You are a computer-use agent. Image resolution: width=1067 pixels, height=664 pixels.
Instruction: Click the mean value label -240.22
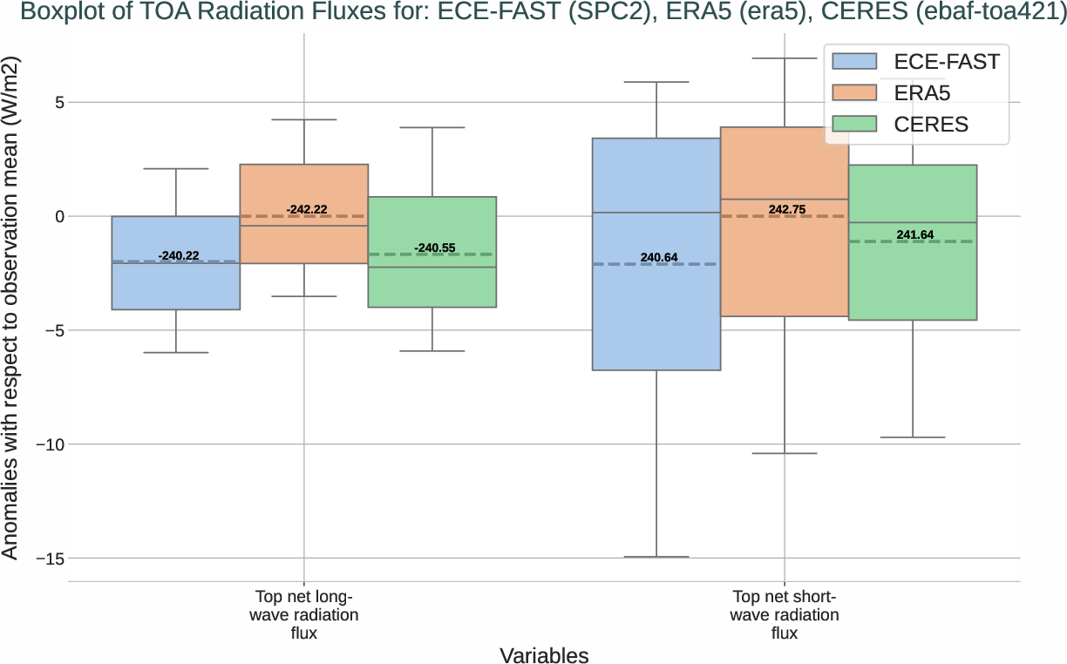tap(179, 255)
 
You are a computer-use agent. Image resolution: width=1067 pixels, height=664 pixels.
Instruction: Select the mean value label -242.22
tap(307, 210)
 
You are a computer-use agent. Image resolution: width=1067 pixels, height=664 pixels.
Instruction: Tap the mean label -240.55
tap(435, 248)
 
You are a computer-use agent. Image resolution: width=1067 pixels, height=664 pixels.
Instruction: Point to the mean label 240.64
tap(659, 258)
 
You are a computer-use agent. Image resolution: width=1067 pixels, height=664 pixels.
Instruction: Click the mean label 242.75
tap(787, 210)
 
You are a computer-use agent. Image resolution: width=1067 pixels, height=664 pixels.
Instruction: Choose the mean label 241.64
tap(915, 235)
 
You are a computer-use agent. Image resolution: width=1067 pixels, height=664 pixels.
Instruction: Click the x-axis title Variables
tap(544, 655)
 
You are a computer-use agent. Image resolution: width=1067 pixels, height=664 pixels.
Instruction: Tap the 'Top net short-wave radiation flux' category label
tap(785, 615)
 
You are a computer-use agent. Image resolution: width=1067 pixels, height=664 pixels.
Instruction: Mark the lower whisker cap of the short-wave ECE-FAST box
tap(656, 557)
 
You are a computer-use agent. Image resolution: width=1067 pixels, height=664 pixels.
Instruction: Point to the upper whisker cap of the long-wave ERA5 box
tap(303, 119)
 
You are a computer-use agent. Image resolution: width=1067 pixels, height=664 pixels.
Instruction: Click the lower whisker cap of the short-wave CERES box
tap(913, 437)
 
